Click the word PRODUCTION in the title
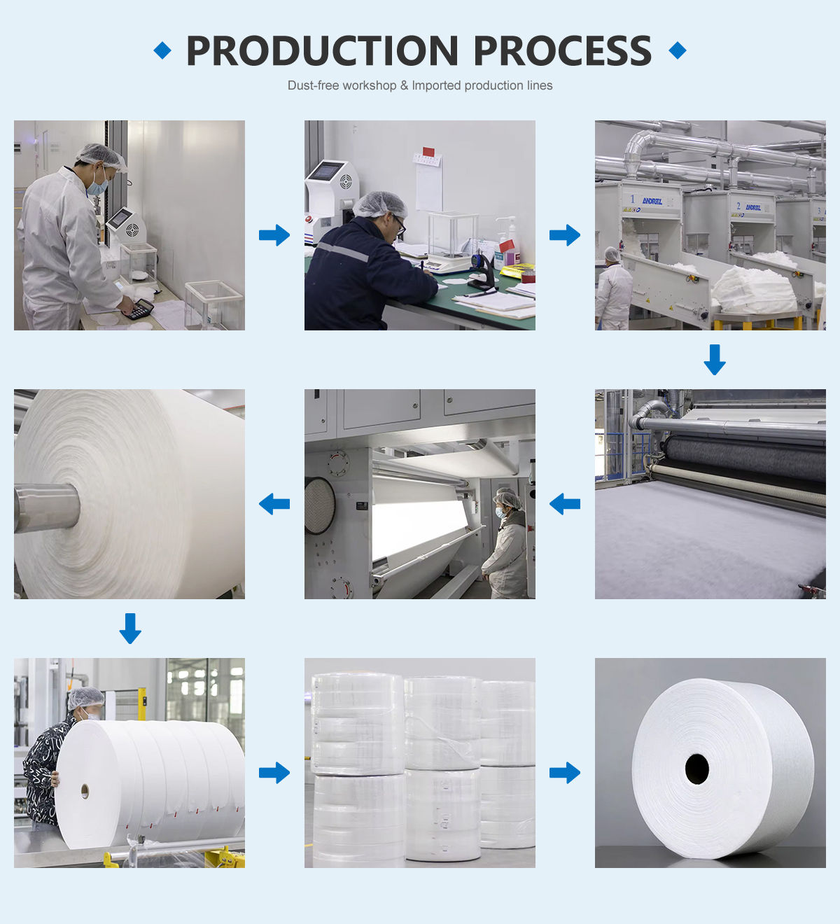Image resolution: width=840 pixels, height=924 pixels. [x=322, y=51]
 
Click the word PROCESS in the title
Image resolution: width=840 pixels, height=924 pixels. [x=562, y=51]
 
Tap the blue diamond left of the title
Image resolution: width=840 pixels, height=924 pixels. [x=162, y=50]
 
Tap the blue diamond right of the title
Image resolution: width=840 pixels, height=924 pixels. [x=678, y=50]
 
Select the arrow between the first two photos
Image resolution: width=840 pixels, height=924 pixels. [x=274, y=235]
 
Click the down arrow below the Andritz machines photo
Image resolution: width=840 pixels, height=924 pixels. [x=715, y=359]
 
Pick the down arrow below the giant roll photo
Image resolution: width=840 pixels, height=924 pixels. [x=130, y=628]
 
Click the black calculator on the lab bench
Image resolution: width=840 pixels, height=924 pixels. [x=142, y=309]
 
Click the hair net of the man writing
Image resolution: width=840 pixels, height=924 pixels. [x=379, y=204]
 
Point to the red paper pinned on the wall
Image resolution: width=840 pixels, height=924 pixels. [x=428, y=152]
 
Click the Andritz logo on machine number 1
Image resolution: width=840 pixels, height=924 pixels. [x=652, y=201]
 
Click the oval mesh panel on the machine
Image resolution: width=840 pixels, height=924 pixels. [x=319, y=505]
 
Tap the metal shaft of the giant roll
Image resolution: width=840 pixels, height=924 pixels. [x=46, y=507]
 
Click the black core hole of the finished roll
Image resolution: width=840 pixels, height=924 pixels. [x=697, y=769]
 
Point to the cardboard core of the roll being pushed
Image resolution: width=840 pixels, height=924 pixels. [x=85, y=791]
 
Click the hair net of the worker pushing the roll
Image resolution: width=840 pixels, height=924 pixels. [x=86, y=697]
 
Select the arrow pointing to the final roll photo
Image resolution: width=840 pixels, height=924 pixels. [x=565, y=773]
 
